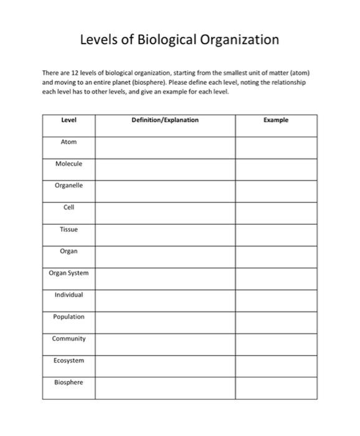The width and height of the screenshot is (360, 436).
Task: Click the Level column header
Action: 69,120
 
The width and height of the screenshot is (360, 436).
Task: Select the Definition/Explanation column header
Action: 165,120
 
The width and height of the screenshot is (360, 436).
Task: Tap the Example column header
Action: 276,120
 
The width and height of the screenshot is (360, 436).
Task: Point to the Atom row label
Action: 69,142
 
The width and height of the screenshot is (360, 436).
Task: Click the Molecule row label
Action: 69,164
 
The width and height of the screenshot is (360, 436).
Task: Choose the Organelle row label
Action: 69,186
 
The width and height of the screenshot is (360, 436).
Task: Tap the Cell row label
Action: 69,207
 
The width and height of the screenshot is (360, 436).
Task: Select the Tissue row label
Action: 69,229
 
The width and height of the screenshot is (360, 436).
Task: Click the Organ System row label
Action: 69,273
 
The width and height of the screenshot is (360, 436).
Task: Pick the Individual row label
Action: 69,295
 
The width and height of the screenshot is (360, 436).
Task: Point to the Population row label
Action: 69,316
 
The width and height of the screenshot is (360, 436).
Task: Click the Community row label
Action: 69,339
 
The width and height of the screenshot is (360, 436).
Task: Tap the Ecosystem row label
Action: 69,361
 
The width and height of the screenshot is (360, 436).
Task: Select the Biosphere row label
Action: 69,382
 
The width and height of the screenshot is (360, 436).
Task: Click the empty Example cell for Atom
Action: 276,147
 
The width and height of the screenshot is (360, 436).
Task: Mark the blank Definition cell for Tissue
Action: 165,234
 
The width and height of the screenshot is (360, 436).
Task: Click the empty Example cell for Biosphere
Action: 276,387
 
